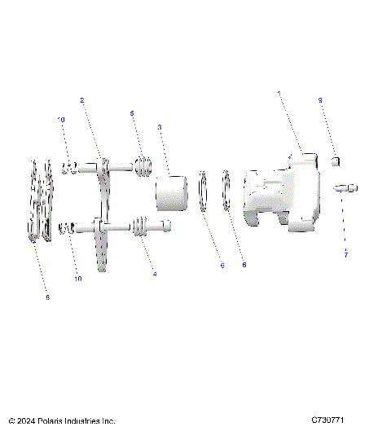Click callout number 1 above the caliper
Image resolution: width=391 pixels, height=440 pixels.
point(279,94)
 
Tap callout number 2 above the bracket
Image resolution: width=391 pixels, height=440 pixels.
point(82,100)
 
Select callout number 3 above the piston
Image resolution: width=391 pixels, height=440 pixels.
point(159,127)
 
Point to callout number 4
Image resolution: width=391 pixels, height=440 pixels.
point(155,274)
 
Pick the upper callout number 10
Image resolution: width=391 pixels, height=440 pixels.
point(60,120)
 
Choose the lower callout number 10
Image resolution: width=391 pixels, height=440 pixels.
point(78,279)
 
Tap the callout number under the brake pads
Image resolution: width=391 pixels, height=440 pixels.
point(47,297)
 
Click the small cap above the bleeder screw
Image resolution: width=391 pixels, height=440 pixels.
point(334,162)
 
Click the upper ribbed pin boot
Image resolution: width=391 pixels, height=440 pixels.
point(144,167)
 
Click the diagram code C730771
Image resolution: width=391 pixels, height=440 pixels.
point(328,420)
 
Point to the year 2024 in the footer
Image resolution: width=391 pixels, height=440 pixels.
point(25,421)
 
